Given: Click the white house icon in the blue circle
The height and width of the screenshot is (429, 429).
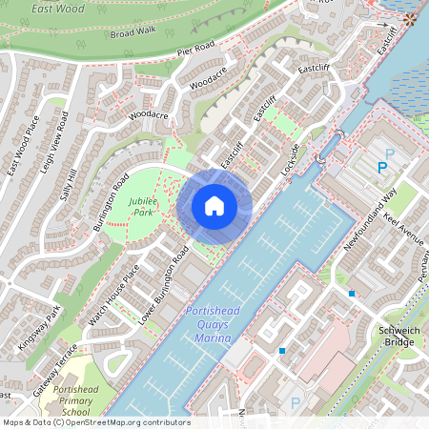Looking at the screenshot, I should pyautogui.click(x=214, y=205).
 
